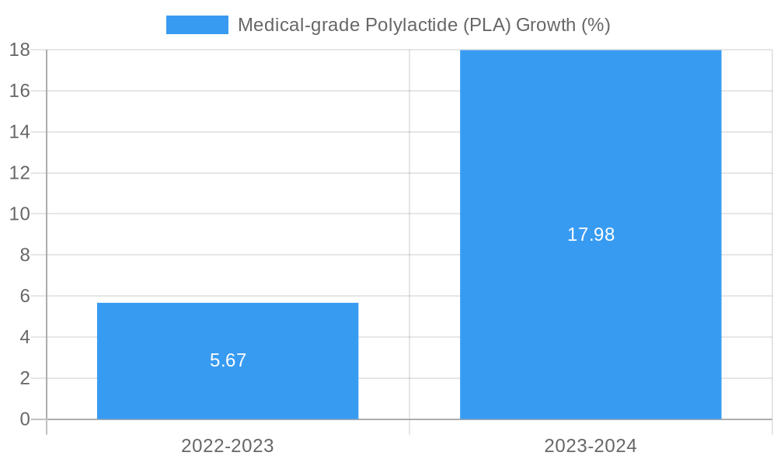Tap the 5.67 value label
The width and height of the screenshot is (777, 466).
pyautogui.click(x=228, y=360)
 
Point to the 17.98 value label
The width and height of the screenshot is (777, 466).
pyautogui.click(x=591, y=235)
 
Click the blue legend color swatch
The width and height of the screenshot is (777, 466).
pyautogui.click(x=197, y=25)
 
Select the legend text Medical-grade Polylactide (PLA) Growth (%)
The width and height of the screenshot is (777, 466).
pyautogui.click(x=423, y=25)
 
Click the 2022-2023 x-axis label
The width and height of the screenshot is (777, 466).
pyautogui.click(x=228, y=446)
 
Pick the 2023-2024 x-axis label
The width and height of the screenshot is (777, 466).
pyautogui.click(x=591, y=446)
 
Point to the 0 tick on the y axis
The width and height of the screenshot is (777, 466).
pyautogui.click(x=24, y=419)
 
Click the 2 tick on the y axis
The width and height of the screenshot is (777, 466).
pyautogui.click(x=24, y=378)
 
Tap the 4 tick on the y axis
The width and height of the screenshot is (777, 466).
pyautogui.click(x=24, y=337)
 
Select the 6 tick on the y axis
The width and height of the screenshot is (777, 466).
pyautogui.click(x=24, y=296)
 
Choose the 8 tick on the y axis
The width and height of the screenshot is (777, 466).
pyautogui.click(x=24, y=255)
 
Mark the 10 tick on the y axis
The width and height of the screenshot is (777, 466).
pyautogui.click(x=19, y=214)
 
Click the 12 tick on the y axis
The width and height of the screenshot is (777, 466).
pyautogui.click(x=19, y=172)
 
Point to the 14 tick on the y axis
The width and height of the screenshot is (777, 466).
pyautogui.click(x=19, y=132)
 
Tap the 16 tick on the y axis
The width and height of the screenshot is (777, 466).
pyautogui.click(x=19, y=91)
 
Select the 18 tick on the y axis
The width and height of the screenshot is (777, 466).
pyautogui.click(x=19, y=50)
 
